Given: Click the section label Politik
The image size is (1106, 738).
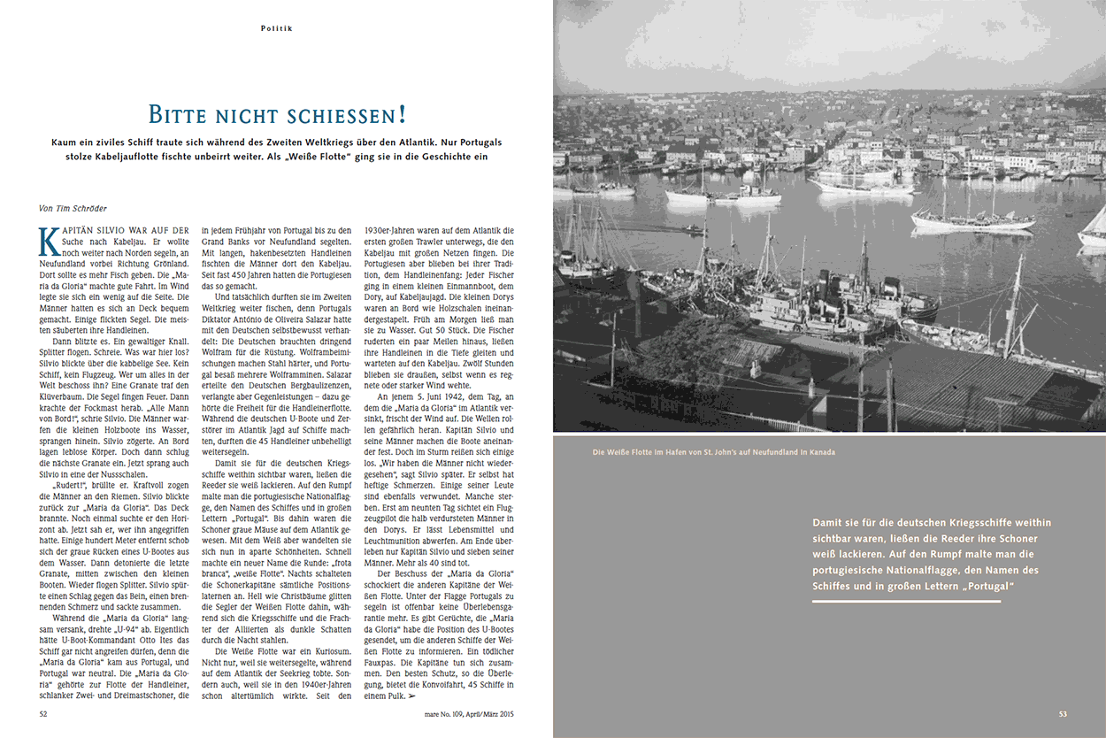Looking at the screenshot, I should (x=276, y=28).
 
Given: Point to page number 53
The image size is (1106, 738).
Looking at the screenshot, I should (x=1063, y=713).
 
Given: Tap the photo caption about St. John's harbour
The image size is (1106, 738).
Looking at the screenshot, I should (x=714, y=452).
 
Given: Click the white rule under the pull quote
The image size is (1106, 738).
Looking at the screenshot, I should (x=906, y=601).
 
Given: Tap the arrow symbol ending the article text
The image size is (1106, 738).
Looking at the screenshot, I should (x=411, y=696).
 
